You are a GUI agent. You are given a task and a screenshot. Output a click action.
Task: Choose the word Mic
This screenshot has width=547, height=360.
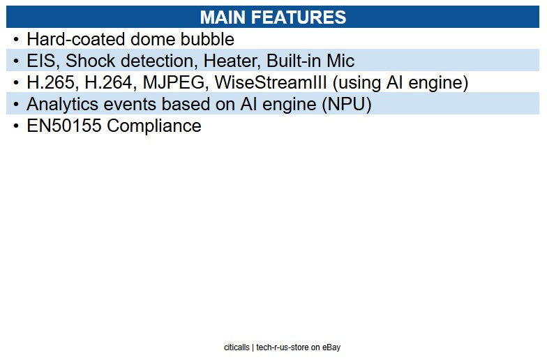(340, 61)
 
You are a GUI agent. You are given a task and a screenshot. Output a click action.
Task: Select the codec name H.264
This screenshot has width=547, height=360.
(110, 83)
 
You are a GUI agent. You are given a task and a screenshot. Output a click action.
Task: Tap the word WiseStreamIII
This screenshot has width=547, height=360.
(271, 83)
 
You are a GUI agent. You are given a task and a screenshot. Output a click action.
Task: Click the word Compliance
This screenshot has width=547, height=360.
(154, 126)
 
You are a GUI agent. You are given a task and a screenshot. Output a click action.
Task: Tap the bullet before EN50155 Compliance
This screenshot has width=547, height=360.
(16, 126)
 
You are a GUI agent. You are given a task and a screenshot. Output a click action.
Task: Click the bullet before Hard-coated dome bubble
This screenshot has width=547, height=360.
(16, 40)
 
